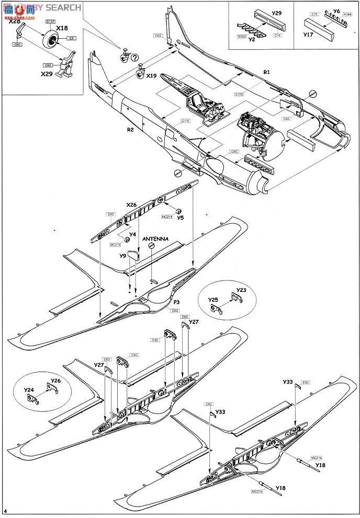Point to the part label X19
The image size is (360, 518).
pyautogui.click(x=152, y=75)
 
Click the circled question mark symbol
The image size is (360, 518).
pyautogui.click(x=134, y=58)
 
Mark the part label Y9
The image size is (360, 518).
pyautogui.click(x=122, y=256)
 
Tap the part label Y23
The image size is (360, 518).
pyautogui.click(x=241, y=289)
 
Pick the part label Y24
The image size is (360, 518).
pyautogui.click(x=29, y=390)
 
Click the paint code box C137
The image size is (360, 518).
pyautogui.click(x=51, y=21)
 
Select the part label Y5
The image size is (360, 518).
pyautogui.click(x=181, y=218)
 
